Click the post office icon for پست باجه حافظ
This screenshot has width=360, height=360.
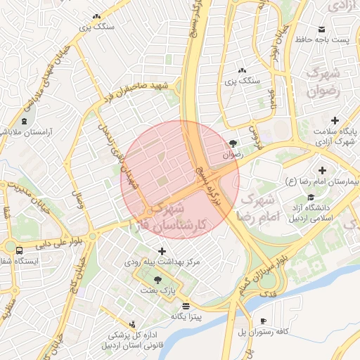click(x=322, y=29)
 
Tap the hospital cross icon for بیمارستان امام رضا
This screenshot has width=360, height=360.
click(x=323, y=170)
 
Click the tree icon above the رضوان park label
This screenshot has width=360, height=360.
click(x=233, y=143)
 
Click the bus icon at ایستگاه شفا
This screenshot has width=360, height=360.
click(x=18, y=249)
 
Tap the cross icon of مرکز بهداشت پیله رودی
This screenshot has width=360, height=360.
click(x=162, y=251)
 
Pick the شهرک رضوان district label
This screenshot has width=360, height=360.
click(x=324, y=82)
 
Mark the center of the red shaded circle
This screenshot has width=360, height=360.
click(x=180, y=179)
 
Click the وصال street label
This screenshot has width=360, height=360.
click(x=80, y=185)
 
